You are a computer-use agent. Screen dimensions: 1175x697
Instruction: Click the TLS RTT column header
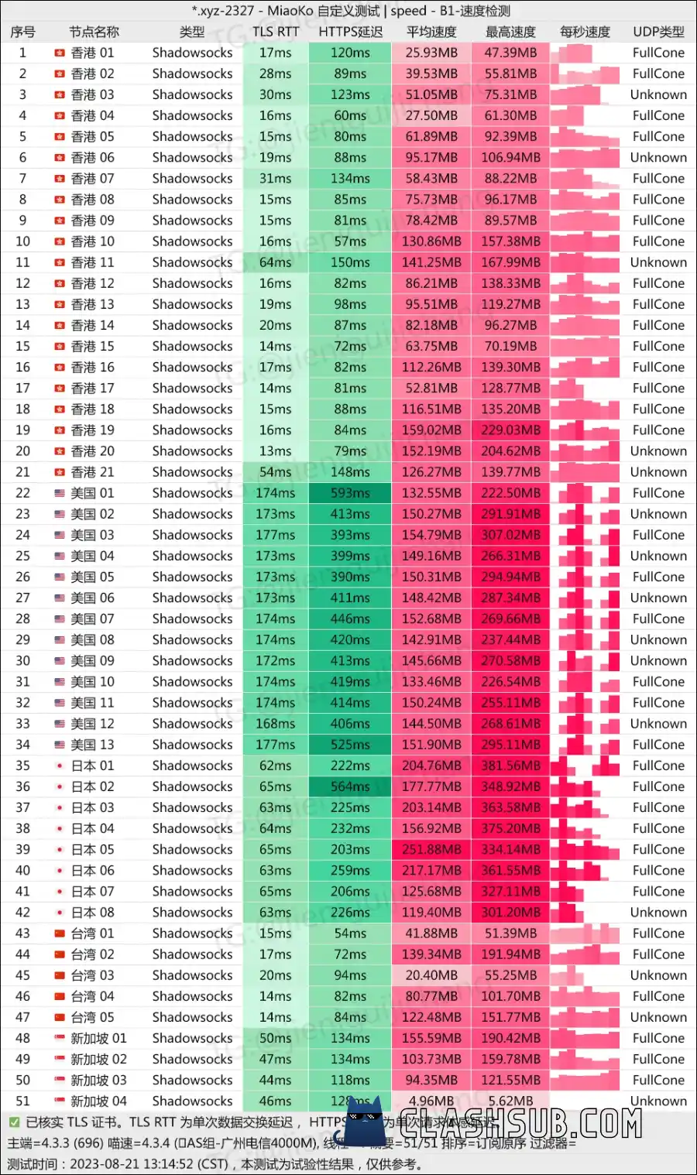[x=276, y=32]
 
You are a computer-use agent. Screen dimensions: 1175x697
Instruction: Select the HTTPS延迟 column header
[x=350, y=32]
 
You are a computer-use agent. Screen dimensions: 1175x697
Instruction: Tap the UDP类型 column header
[x=658, y=32]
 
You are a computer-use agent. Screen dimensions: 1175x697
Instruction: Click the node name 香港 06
[x=92, y=157]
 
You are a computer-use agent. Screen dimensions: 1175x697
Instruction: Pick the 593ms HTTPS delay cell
[x=350, y=493]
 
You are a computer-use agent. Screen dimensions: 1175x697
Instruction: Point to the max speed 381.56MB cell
[x=510, y=766]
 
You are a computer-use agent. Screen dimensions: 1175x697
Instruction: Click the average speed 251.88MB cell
[x=431, y=849]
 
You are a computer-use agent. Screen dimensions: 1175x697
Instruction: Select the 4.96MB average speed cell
[x=431, y=1101]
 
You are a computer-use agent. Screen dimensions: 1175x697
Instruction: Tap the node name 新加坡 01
[x=98, y=1038]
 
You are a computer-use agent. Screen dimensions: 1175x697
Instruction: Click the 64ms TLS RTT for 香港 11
[x=276, y=262]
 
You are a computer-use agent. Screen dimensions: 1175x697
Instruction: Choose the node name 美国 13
[x=92, y=745]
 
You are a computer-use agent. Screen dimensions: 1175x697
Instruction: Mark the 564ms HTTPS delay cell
[x=350, y=786]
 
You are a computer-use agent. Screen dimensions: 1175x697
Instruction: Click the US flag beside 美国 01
[x=60, y=493]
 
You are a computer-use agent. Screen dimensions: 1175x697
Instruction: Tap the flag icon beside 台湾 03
[x=60, y=975]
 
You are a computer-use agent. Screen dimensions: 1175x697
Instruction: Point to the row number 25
[x=22, y=556]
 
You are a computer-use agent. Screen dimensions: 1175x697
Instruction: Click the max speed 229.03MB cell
[x=510, y=430]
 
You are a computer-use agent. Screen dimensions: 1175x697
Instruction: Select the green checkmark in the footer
[x=14, y=1122]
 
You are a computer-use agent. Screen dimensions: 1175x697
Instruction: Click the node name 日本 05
[x=92, y=849]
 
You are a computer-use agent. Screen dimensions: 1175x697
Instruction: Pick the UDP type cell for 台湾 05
[x=658, y=1017]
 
